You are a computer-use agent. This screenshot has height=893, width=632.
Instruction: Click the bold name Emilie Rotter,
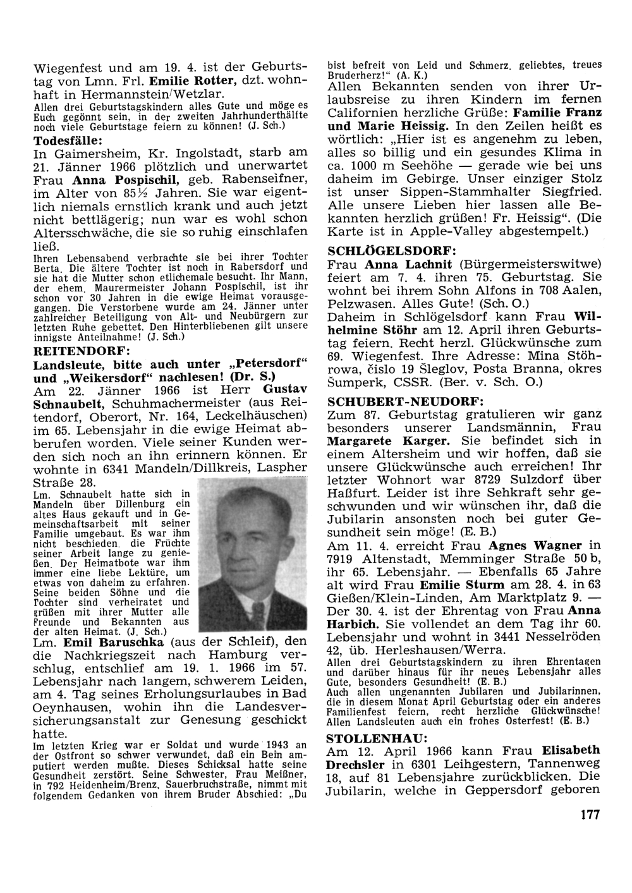point(193,82)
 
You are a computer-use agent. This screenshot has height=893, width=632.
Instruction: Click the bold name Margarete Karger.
point(389,441)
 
